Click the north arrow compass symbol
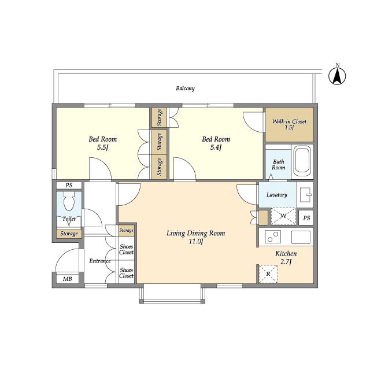(337, 76)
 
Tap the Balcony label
(185, 88)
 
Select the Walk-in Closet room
(289, 125)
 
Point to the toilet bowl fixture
(69, 201)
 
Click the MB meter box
(68, 279)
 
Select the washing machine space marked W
(283, 216)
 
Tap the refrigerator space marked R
(268, 274)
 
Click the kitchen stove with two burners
(273, 237)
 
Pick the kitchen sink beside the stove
(301, 237)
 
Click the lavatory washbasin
(305, 195)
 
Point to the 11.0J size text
(196, 242)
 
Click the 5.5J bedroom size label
(103, 147)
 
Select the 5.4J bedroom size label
(216, 147)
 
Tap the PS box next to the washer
(306, 217)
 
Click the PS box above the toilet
(69, 186)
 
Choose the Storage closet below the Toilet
(69, 234)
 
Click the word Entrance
(100, 261)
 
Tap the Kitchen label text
(286, 254)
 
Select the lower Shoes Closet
(126, 273)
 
